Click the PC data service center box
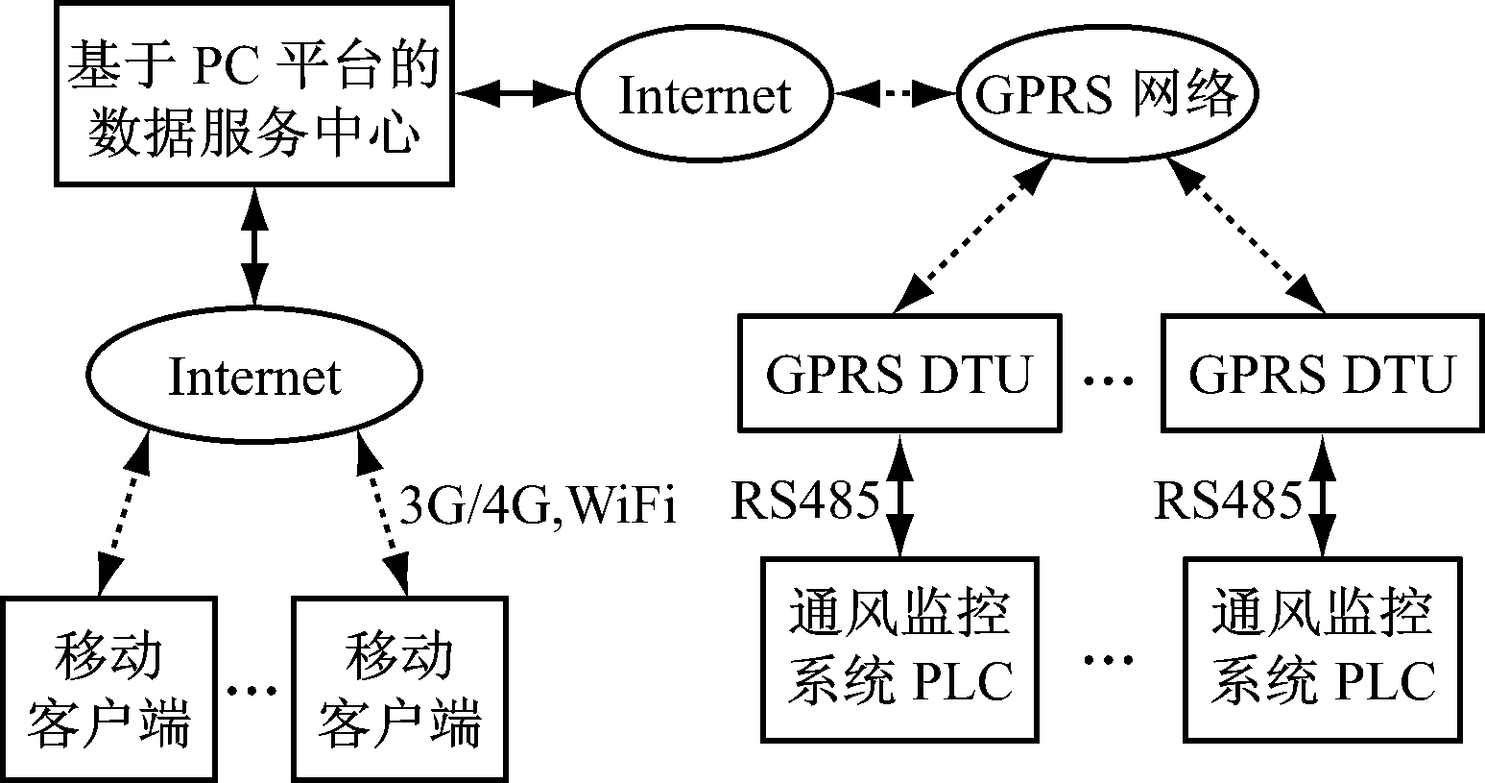(254, 94)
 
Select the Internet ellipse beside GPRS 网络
(704, 95)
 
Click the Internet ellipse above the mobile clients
(254, 376)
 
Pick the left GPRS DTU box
(899, 372)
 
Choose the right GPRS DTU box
(1322, 373)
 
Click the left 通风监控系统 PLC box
(899, 648)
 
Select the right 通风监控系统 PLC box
(1323, 650)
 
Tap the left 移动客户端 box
(107, 687)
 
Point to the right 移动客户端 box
(400, 687)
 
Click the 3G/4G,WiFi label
(538, 505)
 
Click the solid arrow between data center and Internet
(516, 93)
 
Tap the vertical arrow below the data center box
(253, 246)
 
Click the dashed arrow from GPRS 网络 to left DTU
(970, 236)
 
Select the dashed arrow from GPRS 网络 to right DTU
(1245, 236)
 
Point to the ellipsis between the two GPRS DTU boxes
(1109, 381)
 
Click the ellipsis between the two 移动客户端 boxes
(254, 690)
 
